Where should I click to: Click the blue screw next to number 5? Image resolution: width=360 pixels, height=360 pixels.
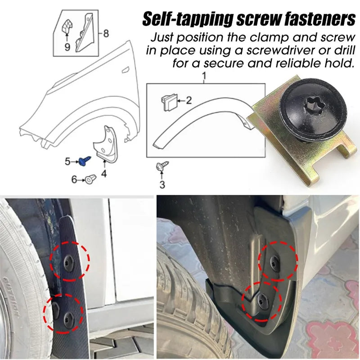tap(85, 160)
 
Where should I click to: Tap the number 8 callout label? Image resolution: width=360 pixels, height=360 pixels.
tap(106, 33)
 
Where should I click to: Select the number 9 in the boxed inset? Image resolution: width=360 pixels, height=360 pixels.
tap(67, 47)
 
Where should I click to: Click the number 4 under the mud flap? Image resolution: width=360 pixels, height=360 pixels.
tap(104, 174)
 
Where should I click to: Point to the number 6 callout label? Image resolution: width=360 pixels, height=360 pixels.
tap(74, 179)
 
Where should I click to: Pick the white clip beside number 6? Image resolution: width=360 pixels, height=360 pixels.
tap(91, 179)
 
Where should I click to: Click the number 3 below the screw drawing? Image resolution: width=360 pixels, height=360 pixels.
tap(162, 184)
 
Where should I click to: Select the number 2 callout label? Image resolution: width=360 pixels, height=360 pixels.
tap(189, 100)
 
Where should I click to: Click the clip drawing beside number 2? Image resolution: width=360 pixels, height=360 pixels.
tap(170, 102)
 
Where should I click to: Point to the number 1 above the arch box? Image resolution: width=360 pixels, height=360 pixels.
tap(204, 76)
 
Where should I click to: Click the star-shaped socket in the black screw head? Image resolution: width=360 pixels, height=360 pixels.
tap(314, 106)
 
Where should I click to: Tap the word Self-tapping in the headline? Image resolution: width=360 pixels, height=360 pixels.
tap(188, 19)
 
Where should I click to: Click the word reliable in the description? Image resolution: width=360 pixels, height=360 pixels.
tap(298, 63)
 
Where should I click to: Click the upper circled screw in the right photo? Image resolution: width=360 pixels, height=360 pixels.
tap(274, 262)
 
